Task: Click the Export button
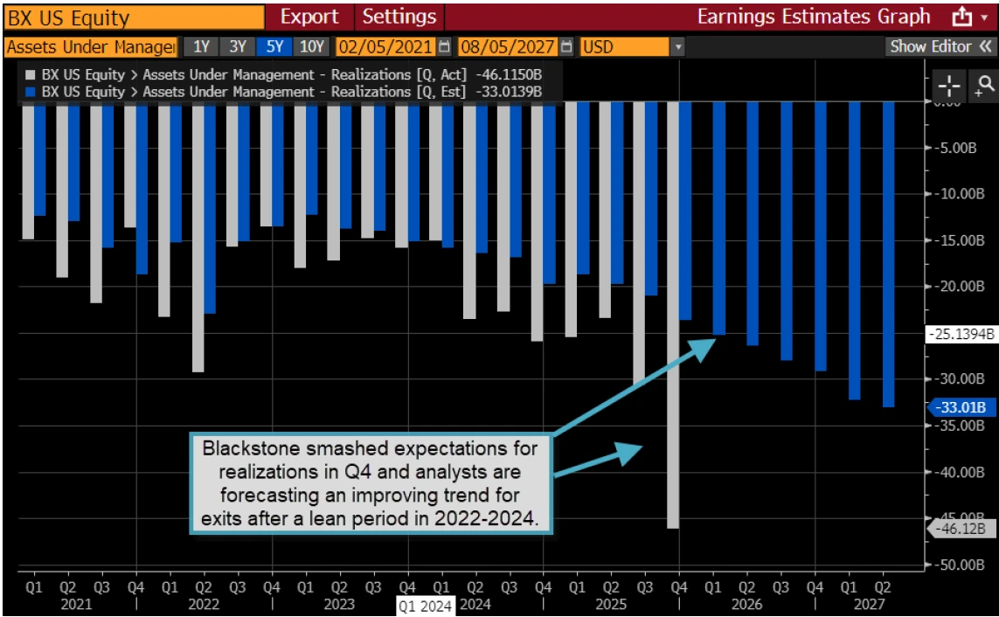coord(309,17)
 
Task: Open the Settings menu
coord(399,17)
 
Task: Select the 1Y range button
coord(201,46)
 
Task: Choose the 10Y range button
coord(311,46)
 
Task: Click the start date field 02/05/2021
coord(384,46)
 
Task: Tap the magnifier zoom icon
coord(985,85)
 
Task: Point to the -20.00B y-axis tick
coord(955,286)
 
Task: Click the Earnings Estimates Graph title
coord(814,17)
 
